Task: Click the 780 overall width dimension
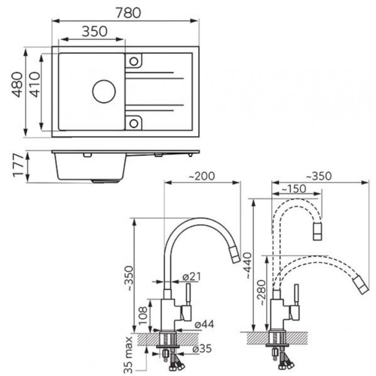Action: tap(128, 13)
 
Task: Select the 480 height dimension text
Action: tap(18, 84)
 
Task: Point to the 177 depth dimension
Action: tap(18, 166)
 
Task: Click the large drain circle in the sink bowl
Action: tap(104, 91)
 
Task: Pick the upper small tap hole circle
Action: tap(134, 61)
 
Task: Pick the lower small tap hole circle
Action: tap(134, 123)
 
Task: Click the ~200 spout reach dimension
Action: tap(202, 176)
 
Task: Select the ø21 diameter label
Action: tap(191, 277)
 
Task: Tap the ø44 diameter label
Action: tap(204, 324)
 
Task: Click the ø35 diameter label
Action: tap(202, 349)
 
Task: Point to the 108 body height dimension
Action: tap(143, 315)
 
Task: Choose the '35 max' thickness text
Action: tap(129, 355)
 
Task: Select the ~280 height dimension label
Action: tap(261, 293)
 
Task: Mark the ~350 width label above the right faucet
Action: tap(319, 176)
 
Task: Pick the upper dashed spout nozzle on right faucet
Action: tap(317, 231)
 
